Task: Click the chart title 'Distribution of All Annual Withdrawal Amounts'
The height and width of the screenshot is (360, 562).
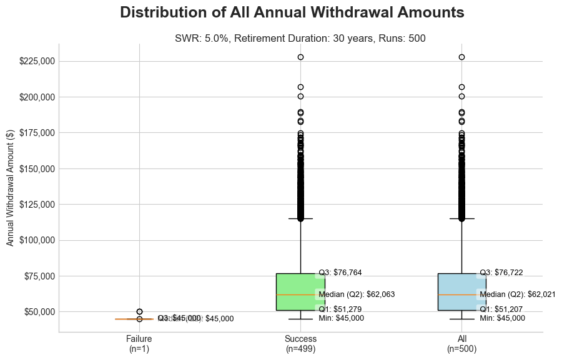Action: point(292,12)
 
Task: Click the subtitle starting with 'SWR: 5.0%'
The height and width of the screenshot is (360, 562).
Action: point(300,38)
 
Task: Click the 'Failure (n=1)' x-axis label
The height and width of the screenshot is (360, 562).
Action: point(139,344)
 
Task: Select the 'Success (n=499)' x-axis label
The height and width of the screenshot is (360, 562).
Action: point(300,344)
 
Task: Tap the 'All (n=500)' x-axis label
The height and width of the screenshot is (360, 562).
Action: point(461,344)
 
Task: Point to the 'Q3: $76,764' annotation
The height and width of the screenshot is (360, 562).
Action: point(340,273)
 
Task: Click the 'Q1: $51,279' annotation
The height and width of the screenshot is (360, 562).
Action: point(340,309)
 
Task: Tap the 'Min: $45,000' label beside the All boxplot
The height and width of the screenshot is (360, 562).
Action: point(502,318)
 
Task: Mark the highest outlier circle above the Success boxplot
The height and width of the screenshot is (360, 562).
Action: point(300,57)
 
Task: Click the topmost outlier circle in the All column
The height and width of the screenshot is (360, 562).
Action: point(461,57)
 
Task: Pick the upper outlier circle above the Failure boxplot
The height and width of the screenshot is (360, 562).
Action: point(139,311)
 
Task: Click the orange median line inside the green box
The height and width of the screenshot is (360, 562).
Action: point(300,294)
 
